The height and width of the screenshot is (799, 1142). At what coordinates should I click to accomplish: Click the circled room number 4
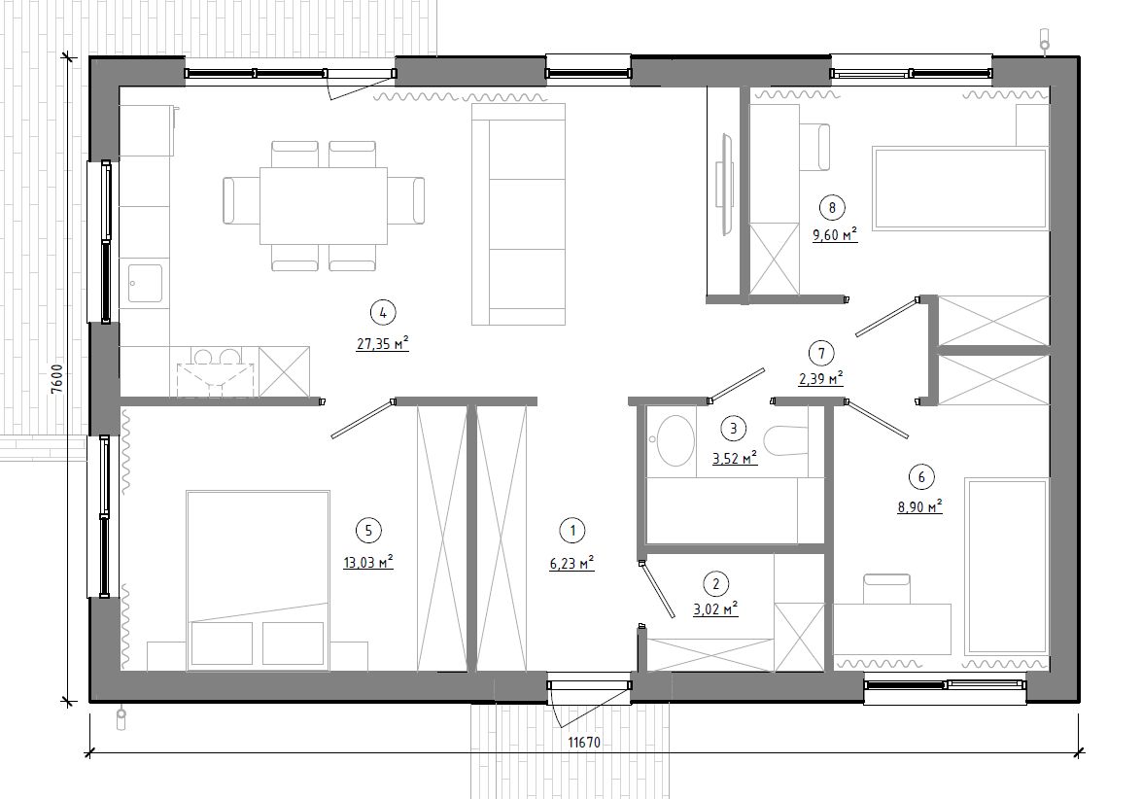[x=383, y=313]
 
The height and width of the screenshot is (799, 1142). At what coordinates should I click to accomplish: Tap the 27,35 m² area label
[x=382, y=344]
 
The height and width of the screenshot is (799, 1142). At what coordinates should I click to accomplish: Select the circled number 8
[x=832, y=208]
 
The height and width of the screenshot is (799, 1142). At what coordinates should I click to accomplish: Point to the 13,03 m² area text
[x=368, y=562]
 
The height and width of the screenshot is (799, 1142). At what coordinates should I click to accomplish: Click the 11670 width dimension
[x=583, y=743]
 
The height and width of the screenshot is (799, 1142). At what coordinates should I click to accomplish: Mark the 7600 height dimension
[x=58, y=378]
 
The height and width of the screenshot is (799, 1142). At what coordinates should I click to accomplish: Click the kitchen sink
[x=145, y=283]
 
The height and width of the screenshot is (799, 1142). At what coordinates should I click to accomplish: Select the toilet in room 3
[x=786, y=439]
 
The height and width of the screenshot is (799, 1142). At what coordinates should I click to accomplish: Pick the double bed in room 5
[x=258, y=579]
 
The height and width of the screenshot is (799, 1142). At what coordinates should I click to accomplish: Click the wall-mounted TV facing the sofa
[x=725, y=184]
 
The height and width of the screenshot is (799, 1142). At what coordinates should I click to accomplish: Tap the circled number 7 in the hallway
[x=821, y=354]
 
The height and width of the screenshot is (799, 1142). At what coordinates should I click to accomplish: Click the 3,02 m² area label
[x=716, y=608]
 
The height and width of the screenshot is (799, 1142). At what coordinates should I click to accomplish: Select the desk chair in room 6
[x=886, y=588]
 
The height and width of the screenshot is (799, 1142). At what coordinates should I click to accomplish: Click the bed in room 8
[x=960, y=189]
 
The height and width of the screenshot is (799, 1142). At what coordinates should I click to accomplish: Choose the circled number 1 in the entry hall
[x=572, y=531]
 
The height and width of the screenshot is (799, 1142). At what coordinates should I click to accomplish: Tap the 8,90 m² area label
[x=919, y=506]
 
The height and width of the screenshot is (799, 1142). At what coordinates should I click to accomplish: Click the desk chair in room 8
[x=815, y=147]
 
